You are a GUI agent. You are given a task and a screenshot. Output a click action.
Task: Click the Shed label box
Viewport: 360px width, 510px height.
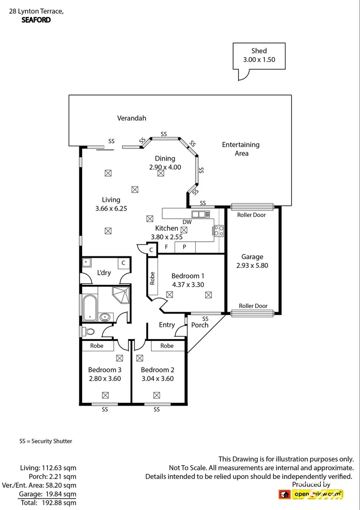(x=259, y=55)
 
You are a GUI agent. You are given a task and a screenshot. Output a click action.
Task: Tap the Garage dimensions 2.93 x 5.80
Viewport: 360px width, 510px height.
(x=252, y=265)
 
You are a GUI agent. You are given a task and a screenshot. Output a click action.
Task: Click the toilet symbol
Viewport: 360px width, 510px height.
(x=87, y=331)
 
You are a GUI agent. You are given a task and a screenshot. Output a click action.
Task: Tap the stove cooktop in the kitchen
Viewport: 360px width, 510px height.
(x=219, y=230)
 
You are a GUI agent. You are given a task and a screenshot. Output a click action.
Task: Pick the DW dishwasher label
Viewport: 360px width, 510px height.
(x=187, y=222)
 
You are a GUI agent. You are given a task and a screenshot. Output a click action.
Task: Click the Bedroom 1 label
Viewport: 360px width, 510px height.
(x=188, y=276)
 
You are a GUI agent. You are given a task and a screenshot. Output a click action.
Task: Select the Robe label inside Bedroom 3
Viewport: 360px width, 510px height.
(x=97, y=346)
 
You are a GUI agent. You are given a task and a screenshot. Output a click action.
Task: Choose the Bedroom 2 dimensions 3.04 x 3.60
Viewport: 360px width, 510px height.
(x=157, y=378)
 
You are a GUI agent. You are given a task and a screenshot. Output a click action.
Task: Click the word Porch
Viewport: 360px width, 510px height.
(x=200, y=325)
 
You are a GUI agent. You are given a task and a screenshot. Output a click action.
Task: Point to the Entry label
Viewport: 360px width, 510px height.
(x=167, y=325)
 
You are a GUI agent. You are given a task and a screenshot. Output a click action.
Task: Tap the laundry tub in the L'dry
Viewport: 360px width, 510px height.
(x=87, y=263)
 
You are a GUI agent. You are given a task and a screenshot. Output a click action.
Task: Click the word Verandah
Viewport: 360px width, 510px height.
(x=132, y=118)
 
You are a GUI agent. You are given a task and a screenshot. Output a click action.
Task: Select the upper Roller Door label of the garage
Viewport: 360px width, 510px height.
(x=252, y=215)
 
